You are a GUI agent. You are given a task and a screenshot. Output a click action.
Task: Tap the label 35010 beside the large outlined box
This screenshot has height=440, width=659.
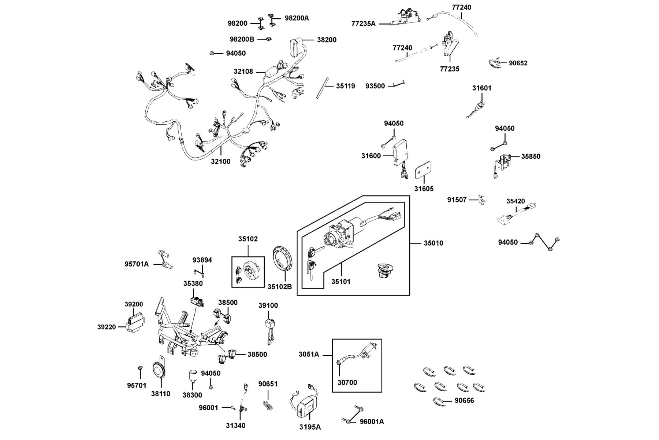pos(433,243)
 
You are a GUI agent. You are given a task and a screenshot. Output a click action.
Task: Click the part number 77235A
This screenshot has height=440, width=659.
pos(364,24)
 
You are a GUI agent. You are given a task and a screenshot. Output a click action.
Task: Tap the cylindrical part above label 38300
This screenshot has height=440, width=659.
pos(193,375)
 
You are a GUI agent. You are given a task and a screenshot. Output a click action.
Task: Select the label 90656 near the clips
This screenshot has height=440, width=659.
pos(464,400)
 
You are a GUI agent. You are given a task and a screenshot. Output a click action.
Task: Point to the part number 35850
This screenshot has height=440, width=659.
pos(531,156)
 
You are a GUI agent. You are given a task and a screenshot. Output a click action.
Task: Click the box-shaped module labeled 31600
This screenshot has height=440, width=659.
pos(401,152)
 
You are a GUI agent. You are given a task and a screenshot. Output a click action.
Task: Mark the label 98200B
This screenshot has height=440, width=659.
pos(242,39)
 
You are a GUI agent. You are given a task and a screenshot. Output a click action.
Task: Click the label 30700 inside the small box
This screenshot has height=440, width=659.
pos(347,382)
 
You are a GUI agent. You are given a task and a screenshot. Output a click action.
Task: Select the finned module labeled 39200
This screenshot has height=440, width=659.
pos(134,321)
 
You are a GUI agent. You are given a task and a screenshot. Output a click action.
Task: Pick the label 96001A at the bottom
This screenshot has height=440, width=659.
pos(372,421)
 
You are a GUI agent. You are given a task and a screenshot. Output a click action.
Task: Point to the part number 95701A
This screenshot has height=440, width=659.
pos(137,264)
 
